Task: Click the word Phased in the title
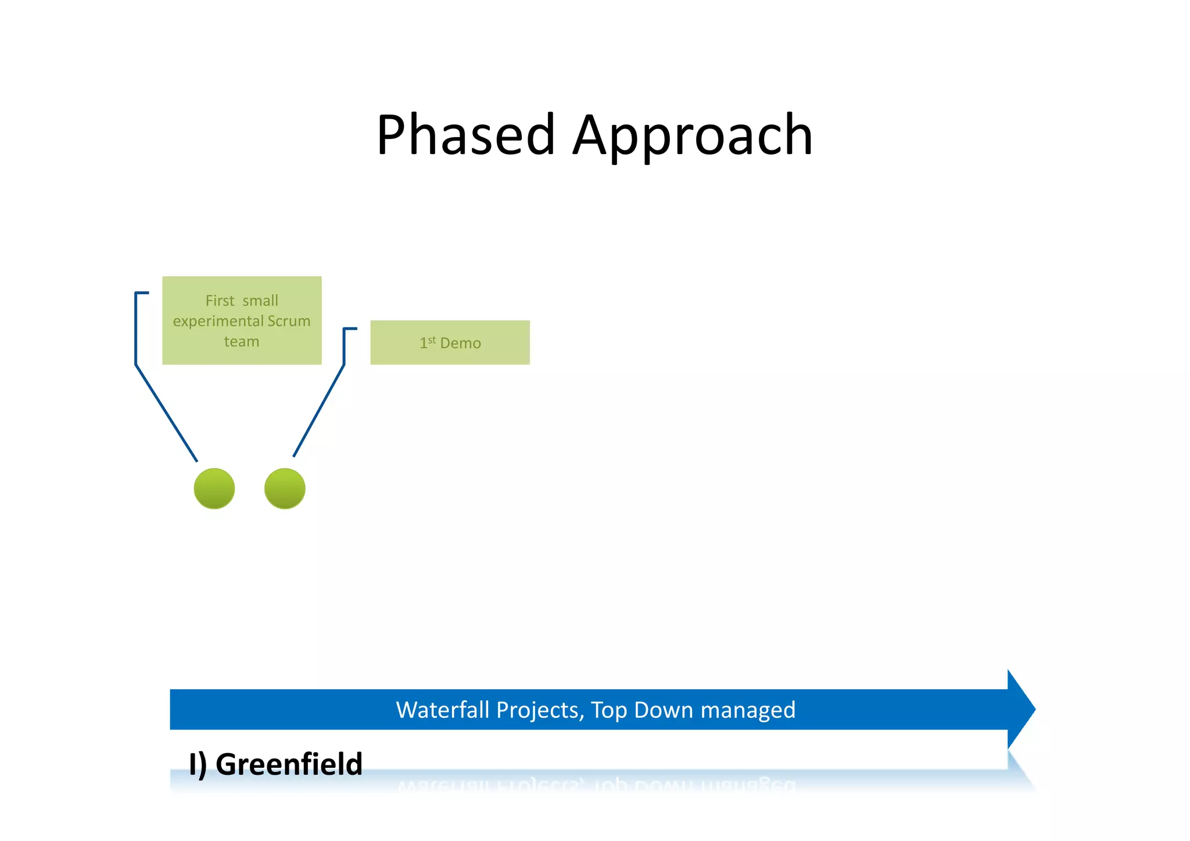465,135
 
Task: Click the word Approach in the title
693,135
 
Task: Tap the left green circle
214,488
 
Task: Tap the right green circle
285,488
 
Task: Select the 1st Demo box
450,342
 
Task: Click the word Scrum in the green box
289,321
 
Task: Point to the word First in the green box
220,300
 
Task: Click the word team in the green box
242,341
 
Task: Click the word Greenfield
289,764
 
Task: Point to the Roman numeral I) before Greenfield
198,764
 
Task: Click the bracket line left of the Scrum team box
136,331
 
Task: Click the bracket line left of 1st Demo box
345,348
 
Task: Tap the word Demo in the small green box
460,343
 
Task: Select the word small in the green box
260,300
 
